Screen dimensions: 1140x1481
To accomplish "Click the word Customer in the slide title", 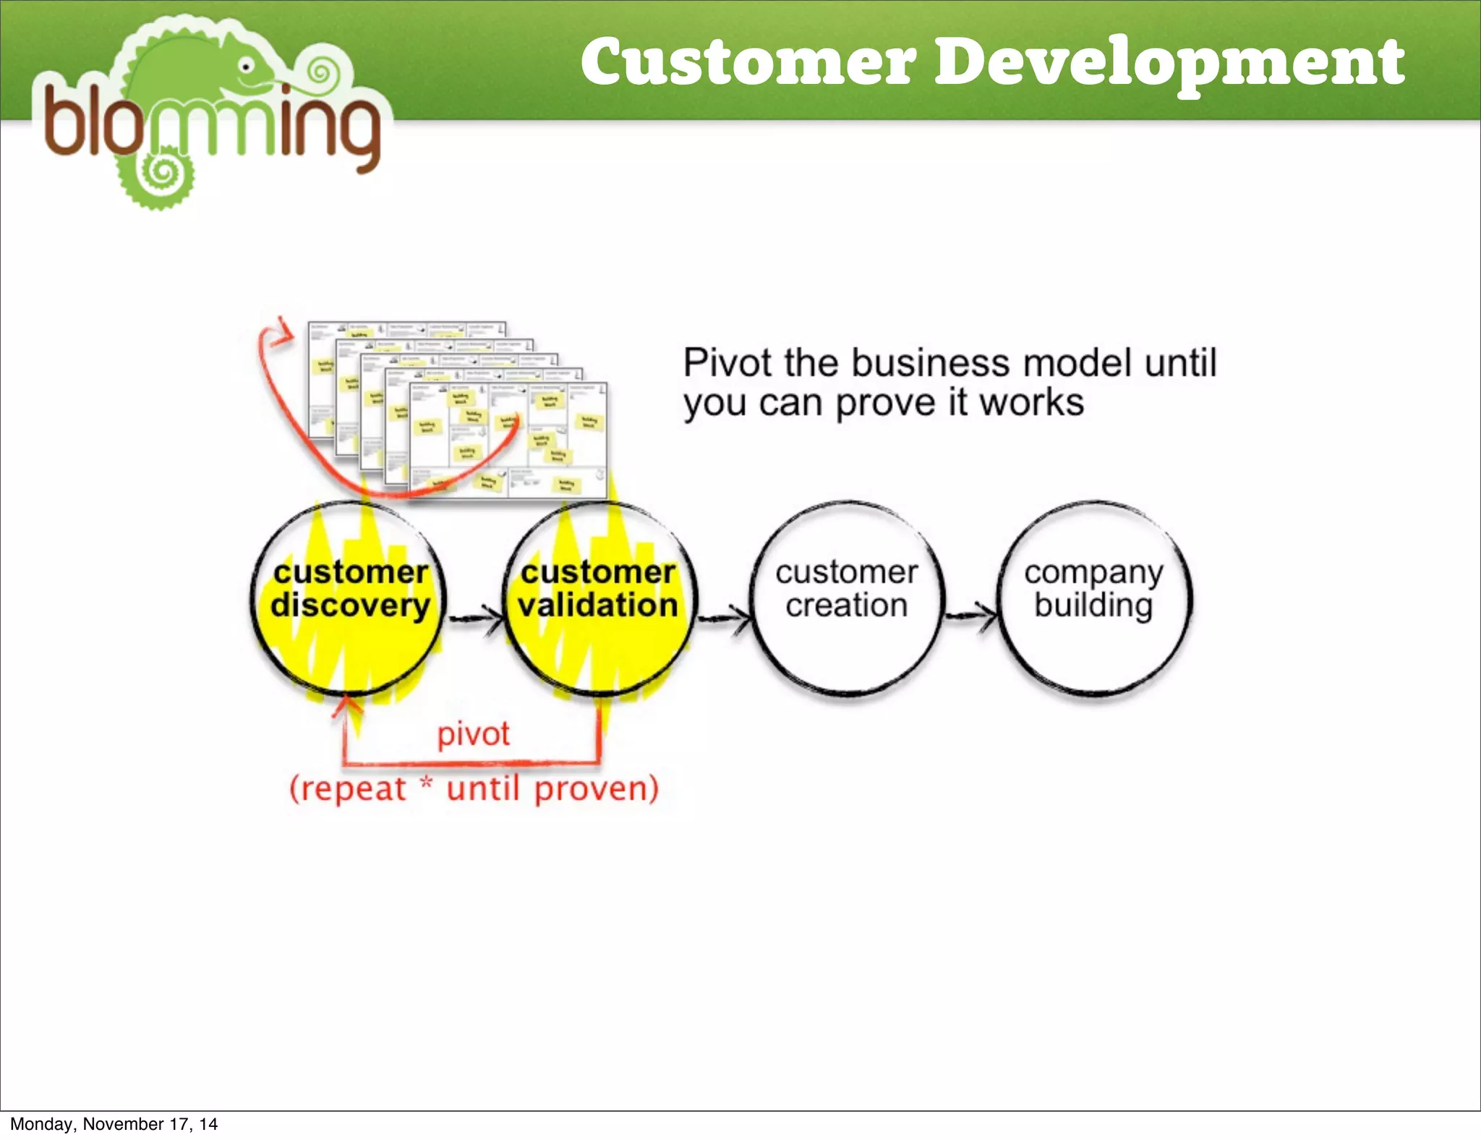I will tap(748, 63).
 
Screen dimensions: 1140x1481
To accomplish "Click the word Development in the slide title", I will tap(1169, 63).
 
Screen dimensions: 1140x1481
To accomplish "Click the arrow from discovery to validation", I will tap(476, 617).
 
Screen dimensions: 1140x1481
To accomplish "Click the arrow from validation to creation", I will tap(724, 617).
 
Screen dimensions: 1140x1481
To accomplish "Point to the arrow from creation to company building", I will tap(971, 616).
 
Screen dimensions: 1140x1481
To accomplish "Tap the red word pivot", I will tap(474, 734).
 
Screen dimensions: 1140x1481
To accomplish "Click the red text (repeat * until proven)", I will tap(474, 788).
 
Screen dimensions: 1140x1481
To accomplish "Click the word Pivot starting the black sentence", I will tap(728, 363).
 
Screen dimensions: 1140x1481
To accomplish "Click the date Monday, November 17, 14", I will tap(114, 1123).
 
